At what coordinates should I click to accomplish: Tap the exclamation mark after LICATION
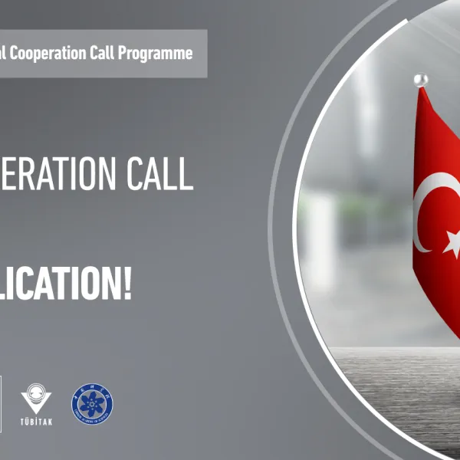127,284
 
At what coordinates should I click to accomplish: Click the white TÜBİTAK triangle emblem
36,398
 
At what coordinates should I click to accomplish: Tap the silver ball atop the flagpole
419,80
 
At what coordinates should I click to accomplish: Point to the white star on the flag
453,245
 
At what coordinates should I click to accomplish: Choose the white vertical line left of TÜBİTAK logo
2,402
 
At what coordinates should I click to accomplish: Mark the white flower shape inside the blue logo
92,402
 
